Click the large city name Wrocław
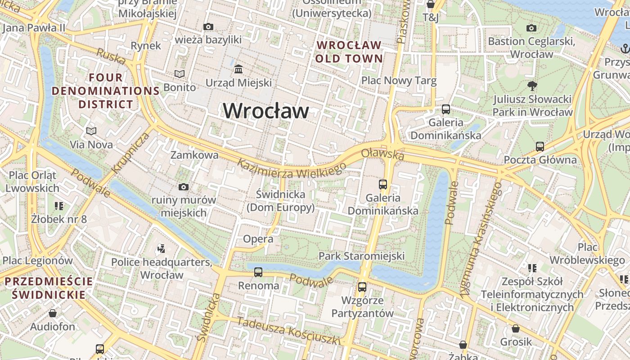click(x=266, y=111)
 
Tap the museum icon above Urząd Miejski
click(x=238, y=69)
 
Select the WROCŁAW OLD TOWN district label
click(x=349, y=52)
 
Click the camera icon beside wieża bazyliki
click(x=208, y=27)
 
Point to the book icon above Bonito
click(x=180, y=74)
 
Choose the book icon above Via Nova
click(x=91, y=131)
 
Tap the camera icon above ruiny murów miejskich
click(x=184, y=187)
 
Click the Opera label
click(x=258, y=239)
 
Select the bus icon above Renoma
click(x=258, y=272)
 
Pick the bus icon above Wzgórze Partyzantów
click(x=362, y=287)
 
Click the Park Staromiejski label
click(x=361, y=256)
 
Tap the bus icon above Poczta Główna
click(x=540, y=146)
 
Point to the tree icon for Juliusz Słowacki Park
click(x=532, y=85)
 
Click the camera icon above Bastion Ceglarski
click(x=531, y=28)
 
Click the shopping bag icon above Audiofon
click(x=53, y=313)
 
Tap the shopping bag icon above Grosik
click(x=516, y=328)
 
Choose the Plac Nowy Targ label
click(x=399, y=81)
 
